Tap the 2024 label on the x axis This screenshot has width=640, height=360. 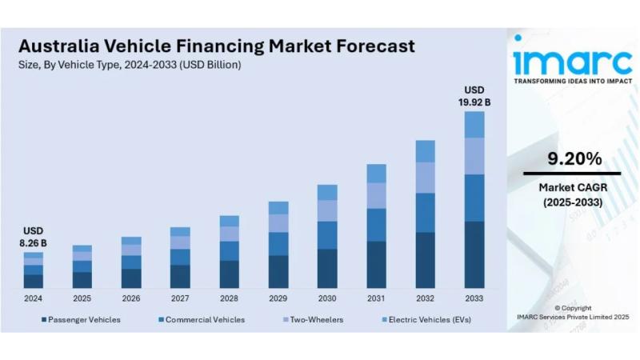click(33, 298)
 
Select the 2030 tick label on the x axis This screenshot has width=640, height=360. click(327, 298)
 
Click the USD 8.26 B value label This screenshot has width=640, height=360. click(33, 237)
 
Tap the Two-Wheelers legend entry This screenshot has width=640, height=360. click(313, 320)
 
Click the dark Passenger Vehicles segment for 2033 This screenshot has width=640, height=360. click(474, 254)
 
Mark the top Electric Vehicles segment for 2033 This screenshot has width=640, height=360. click(474, 124)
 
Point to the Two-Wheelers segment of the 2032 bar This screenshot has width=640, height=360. click(426, 178)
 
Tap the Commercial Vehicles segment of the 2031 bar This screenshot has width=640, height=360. click(377, 225)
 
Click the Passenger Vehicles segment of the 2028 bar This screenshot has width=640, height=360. click(230, 274)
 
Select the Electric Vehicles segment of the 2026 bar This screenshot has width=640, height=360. click(131, 241)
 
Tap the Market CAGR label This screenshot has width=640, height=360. click(572, 187)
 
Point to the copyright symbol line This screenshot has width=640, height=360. click(573, 308)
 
